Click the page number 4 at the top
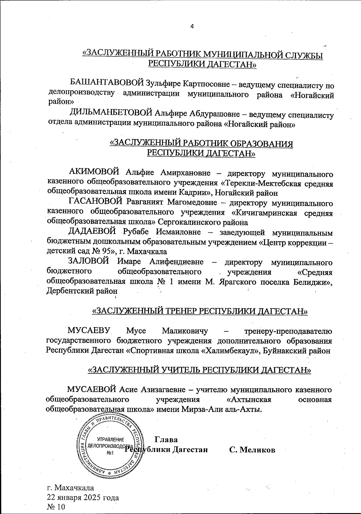click(x=192, y=26)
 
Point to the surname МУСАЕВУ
click(x=90, y=331)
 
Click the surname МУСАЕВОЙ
click(x=92, y=389)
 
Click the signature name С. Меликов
click(x=252, y=450)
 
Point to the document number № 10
click(x=56, y=507)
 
